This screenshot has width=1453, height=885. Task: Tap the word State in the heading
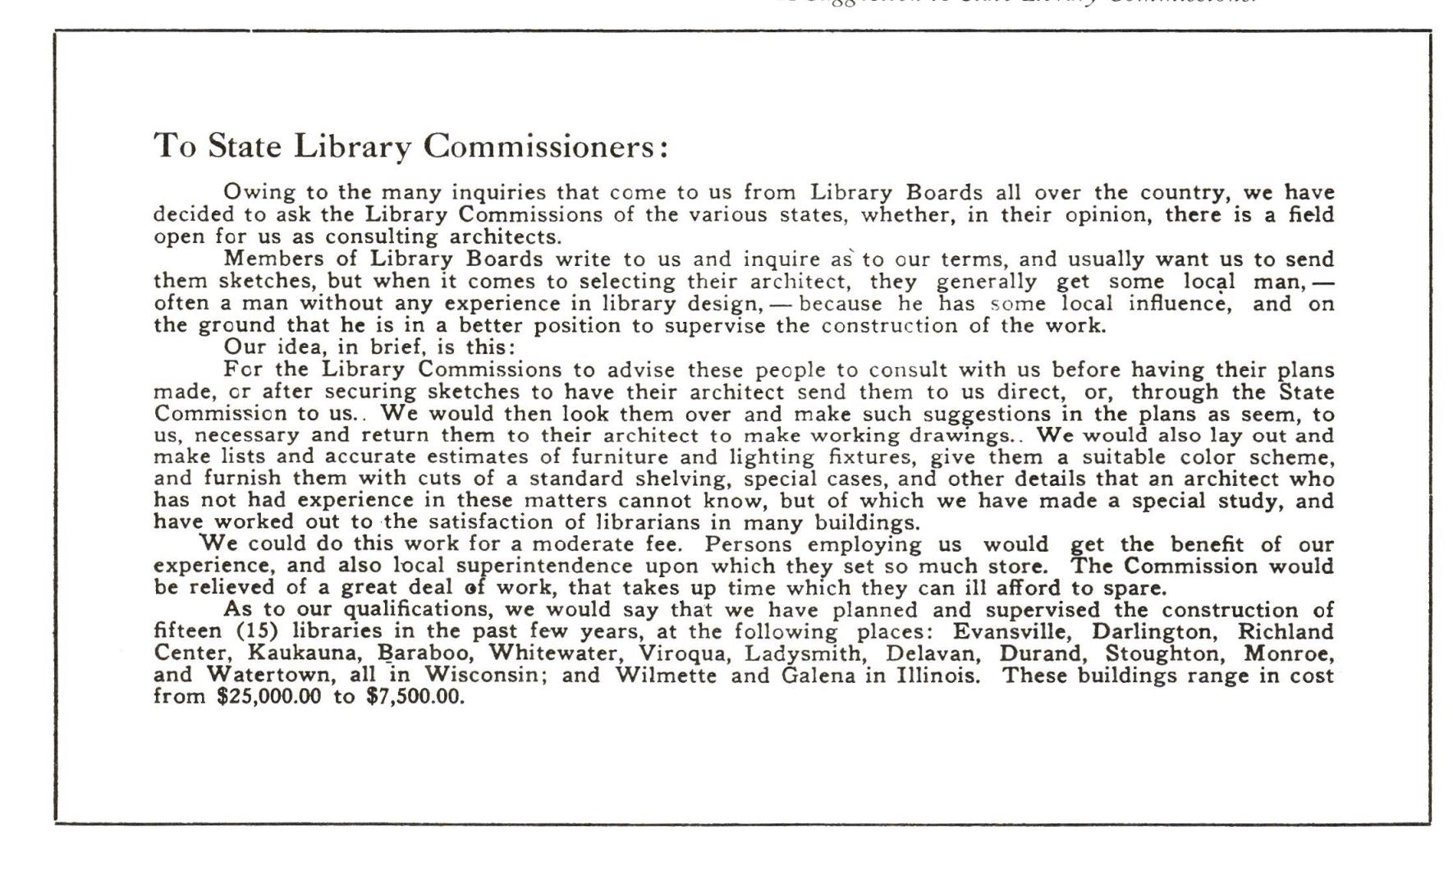[x=244, y=146]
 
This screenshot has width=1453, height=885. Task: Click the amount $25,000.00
[x=268, y=698]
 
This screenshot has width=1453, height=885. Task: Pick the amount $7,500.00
[x=415, y=698]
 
